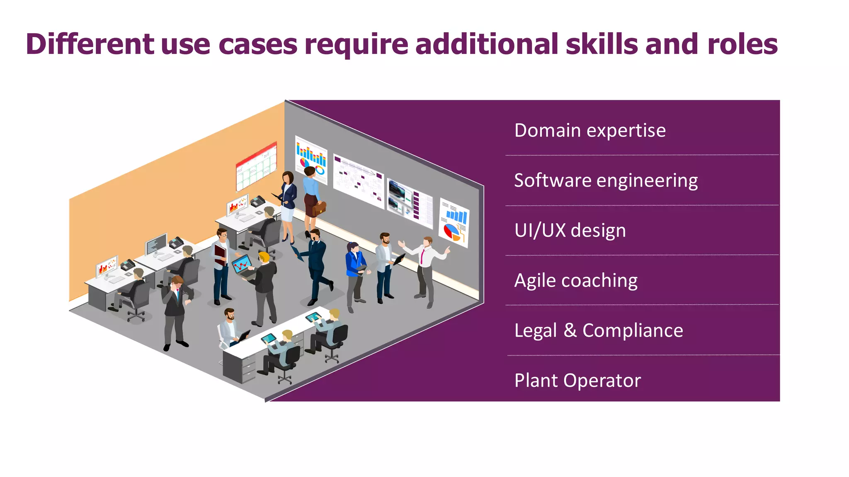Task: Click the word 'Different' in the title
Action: coord(90,44)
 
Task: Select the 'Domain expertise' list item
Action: coord(589,130)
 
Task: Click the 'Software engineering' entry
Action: coord(606,181)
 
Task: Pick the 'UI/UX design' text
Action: coord(570,230)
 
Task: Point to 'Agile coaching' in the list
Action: coord(575,280)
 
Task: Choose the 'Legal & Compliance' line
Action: coord(598,330)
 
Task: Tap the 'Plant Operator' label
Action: coord(577,381)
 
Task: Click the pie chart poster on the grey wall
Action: coord(454,222)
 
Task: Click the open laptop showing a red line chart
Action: coord(241,265)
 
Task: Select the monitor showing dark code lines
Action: coord(156,244)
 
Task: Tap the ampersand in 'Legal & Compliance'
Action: coord(570,330)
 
